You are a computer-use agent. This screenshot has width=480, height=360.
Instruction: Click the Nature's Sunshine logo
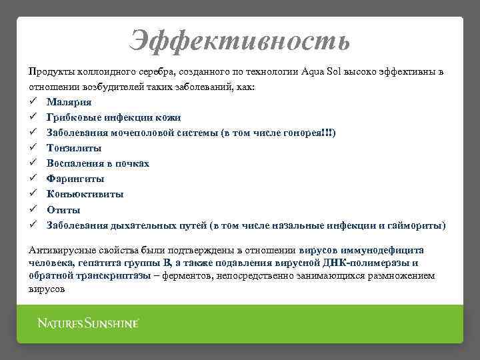pos(88,323)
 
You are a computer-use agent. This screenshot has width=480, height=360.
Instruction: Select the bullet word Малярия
pos(69,102)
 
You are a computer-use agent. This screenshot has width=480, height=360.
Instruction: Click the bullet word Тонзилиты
pos(74,148)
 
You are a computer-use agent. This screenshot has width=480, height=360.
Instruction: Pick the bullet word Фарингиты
pos(75,179)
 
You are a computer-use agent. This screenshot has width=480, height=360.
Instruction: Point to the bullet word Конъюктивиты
pos(85,194)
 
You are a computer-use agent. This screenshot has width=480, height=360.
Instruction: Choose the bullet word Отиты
pos(64,209)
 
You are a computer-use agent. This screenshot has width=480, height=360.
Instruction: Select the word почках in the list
pos(132,163)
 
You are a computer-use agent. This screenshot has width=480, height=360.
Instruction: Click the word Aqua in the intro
pos(313,71)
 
